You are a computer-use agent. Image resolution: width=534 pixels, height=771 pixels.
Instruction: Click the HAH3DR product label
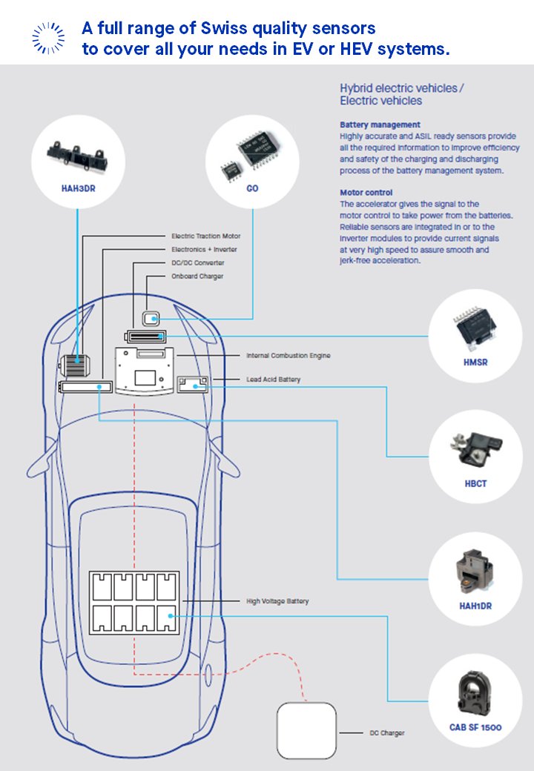(x=78, y=188)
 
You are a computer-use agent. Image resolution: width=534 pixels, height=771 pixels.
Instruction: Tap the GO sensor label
(x=253, y=188)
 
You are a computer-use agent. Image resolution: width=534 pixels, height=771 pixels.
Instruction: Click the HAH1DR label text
(x=476, y=606)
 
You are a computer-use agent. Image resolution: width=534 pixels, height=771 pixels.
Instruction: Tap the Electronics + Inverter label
(x=204, y=250)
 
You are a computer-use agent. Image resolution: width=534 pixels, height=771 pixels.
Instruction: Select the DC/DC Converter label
(x=197, y=263)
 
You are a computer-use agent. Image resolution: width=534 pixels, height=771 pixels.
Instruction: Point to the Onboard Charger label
(x=197, y=277)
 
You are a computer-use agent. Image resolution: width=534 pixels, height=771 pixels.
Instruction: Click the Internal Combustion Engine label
(x=289, y=356)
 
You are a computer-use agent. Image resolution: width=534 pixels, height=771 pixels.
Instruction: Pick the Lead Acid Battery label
(x=274, y=380)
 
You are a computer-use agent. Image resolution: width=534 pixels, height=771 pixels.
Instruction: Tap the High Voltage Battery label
(x=277, y=601)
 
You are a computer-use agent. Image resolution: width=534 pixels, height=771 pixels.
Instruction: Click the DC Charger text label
(x=387, y=733)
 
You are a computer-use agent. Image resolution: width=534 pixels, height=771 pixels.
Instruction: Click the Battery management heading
(x=380, y=125)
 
